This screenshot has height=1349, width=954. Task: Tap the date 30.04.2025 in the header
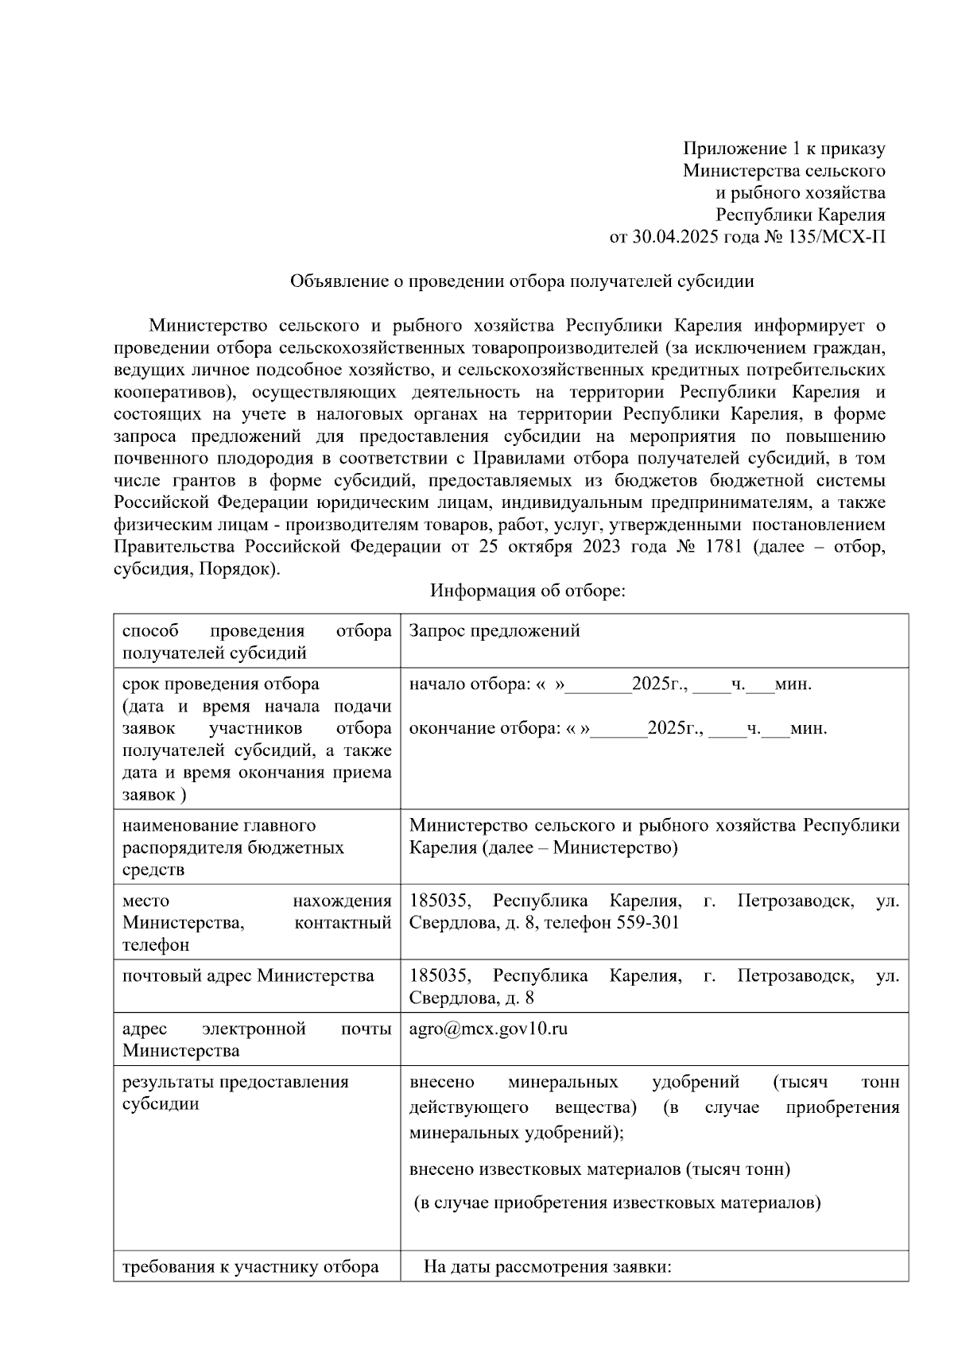point(669,237)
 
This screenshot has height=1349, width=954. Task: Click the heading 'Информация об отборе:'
point(529,591)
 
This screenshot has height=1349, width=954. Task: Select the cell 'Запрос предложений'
point(494,631)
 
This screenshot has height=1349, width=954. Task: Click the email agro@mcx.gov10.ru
point(488,1029)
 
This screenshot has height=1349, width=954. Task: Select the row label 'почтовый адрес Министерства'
point(247,976)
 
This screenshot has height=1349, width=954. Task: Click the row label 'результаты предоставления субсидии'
point(235,1093)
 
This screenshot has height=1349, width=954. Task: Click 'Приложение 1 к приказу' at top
point(784,149)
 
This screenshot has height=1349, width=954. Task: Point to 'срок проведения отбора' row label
point(220,684)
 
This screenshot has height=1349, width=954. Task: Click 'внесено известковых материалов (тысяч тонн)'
point(599,1169)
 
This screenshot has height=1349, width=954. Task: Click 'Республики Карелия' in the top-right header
point(800,215)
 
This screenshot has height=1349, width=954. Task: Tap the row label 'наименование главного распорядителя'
point(219,826)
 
